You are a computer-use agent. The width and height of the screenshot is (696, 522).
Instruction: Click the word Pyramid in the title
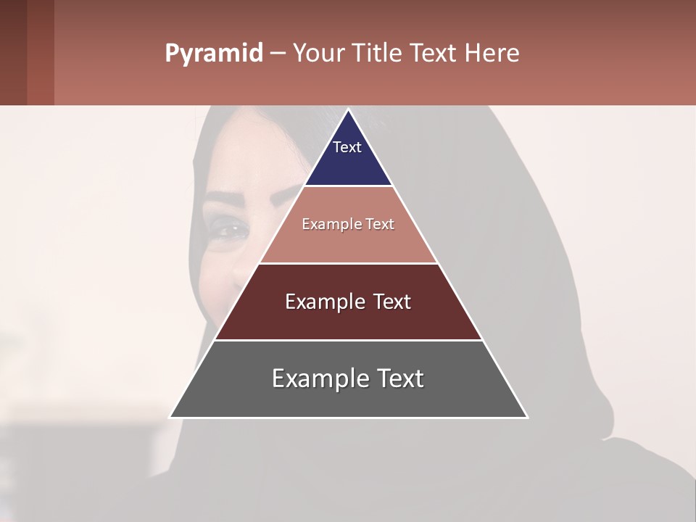tap(213, 54)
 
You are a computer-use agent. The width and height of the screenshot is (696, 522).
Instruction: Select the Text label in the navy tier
tap(347, 147)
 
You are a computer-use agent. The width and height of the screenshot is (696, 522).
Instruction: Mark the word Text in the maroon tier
tap(392, 302)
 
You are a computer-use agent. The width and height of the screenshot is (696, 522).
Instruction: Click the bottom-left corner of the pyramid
tap(171, 417)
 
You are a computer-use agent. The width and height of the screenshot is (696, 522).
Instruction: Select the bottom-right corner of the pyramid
tap(526, 417)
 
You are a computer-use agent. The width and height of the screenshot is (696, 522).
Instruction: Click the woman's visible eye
tap(231, 230)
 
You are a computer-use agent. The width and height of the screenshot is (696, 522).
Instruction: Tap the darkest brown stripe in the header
tap(13, 52)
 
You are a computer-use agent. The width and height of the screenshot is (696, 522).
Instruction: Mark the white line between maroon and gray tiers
tap(349, 340)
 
